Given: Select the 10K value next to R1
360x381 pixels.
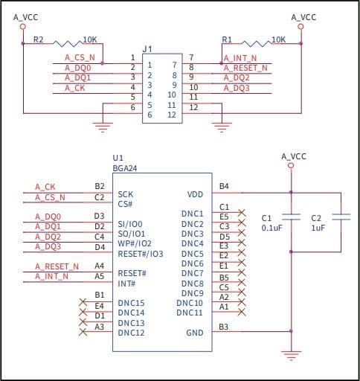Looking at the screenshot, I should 278,39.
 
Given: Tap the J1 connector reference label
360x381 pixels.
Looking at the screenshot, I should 147,50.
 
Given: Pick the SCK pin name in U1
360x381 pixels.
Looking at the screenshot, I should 125,194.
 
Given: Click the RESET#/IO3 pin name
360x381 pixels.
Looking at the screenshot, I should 140,254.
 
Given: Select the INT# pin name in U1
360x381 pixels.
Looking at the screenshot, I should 126,283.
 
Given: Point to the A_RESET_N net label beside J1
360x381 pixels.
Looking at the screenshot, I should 246,67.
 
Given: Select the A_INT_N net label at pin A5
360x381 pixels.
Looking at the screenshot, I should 51,276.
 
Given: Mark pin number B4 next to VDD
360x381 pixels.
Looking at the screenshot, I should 224,186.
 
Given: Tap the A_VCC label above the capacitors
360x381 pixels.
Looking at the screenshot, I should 293,156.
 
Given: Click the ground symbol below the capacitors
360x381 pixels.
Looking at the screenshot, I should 292,354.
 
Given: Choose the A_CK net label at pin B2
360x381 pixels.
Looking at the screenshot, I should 45,187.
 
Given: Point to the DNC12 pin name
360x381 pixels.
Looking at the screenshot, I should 131,332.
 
